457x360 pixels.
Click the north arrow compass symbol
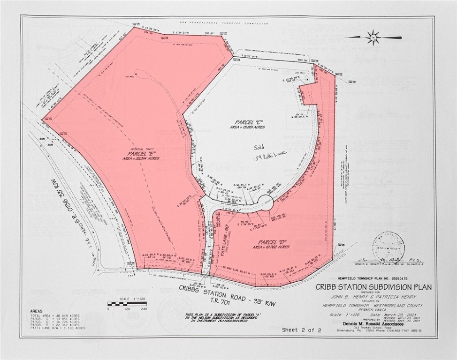tap(373, 37)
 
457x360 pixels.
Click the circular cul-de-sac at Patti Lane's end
tap(265, 203)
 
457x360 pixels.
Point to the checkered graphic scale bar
tap(127, 304)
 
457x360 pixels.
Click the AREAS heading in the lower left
tap(36, 311)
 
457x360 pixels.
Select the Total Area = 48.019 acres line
tap(58, 315)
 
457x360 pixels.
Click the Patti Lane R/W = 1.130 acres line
tap(58, 328)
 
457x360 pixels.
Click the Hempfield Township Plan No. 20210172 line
tap(373, 279)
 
